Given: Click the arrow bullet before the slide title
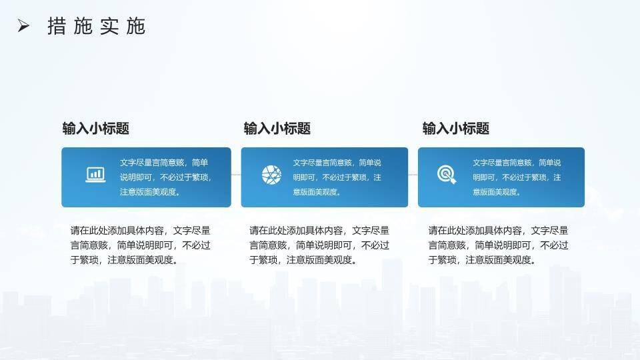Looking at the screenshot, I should (x=24, y=26).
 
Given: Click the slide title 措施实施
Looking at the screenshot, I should (x=96, y=26).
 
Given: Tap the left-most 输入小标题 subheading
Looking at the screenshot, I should (x=95, y=129).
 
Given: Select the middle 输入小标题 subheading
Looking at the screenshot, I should (x=277, y=129).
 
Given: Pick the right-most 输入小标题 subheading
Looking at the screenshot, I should (x=455, y=129).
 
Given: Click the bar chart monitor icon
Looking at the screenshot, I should (x=96, y=175).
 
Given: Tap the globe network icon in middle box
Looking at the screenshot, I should (x=271, y=175).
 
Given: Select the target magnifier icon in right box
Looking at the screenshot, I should (x=447, y=175).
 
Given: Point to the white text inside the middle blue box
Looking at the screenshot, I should (x=337, y=177).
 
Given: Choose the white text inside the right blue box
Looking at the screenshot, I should (x=517, y=177).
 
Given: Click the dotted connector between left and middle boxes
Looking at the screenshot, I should (x=236, y=175).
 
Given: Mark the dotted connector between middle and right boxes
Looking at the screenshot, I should (x=413, y=175).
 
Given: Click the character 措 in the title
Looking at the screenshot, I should (x=57, y=26).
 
